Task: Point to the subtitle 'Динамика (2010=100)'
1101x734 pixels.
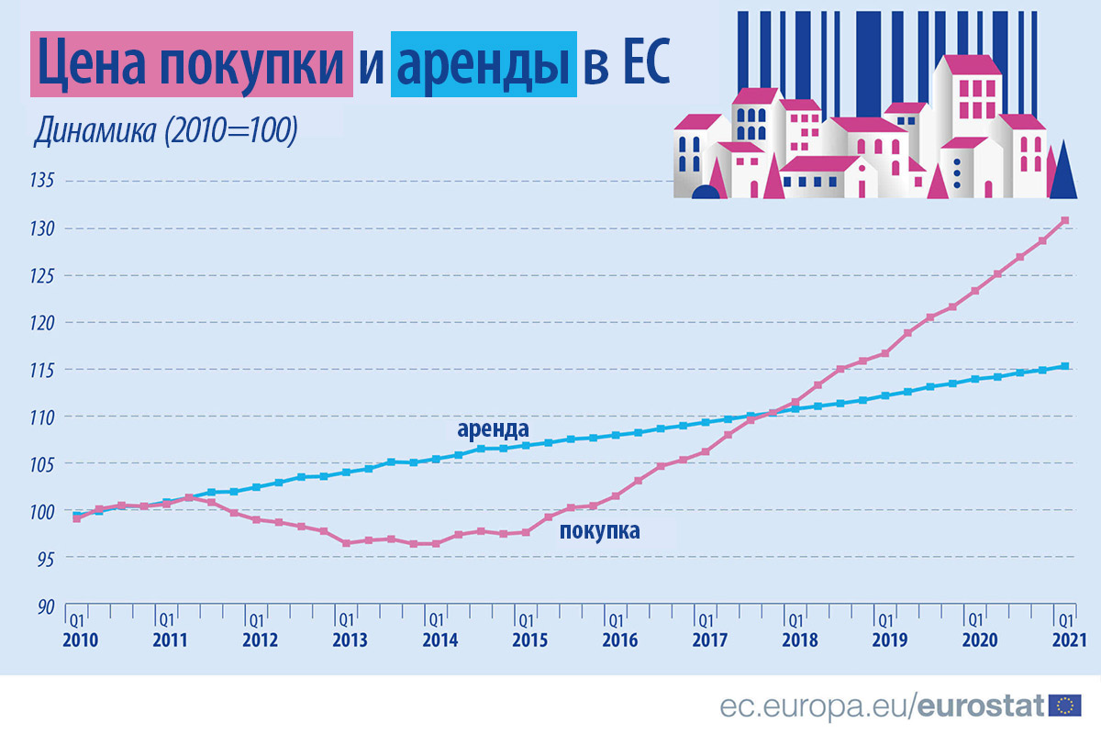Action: pos(165,130)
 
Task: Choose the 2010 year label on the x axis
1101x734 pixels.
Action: pos(79,639)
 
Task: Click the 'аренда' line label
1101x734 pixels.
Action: pos(493,428)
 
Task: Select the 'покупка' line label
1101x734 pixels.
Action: pos(599,530)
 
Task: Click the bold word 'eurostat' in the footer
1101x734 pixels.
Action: pos(981,705)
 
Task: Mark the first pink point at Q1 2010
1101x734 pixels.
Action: pos(76,518)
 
